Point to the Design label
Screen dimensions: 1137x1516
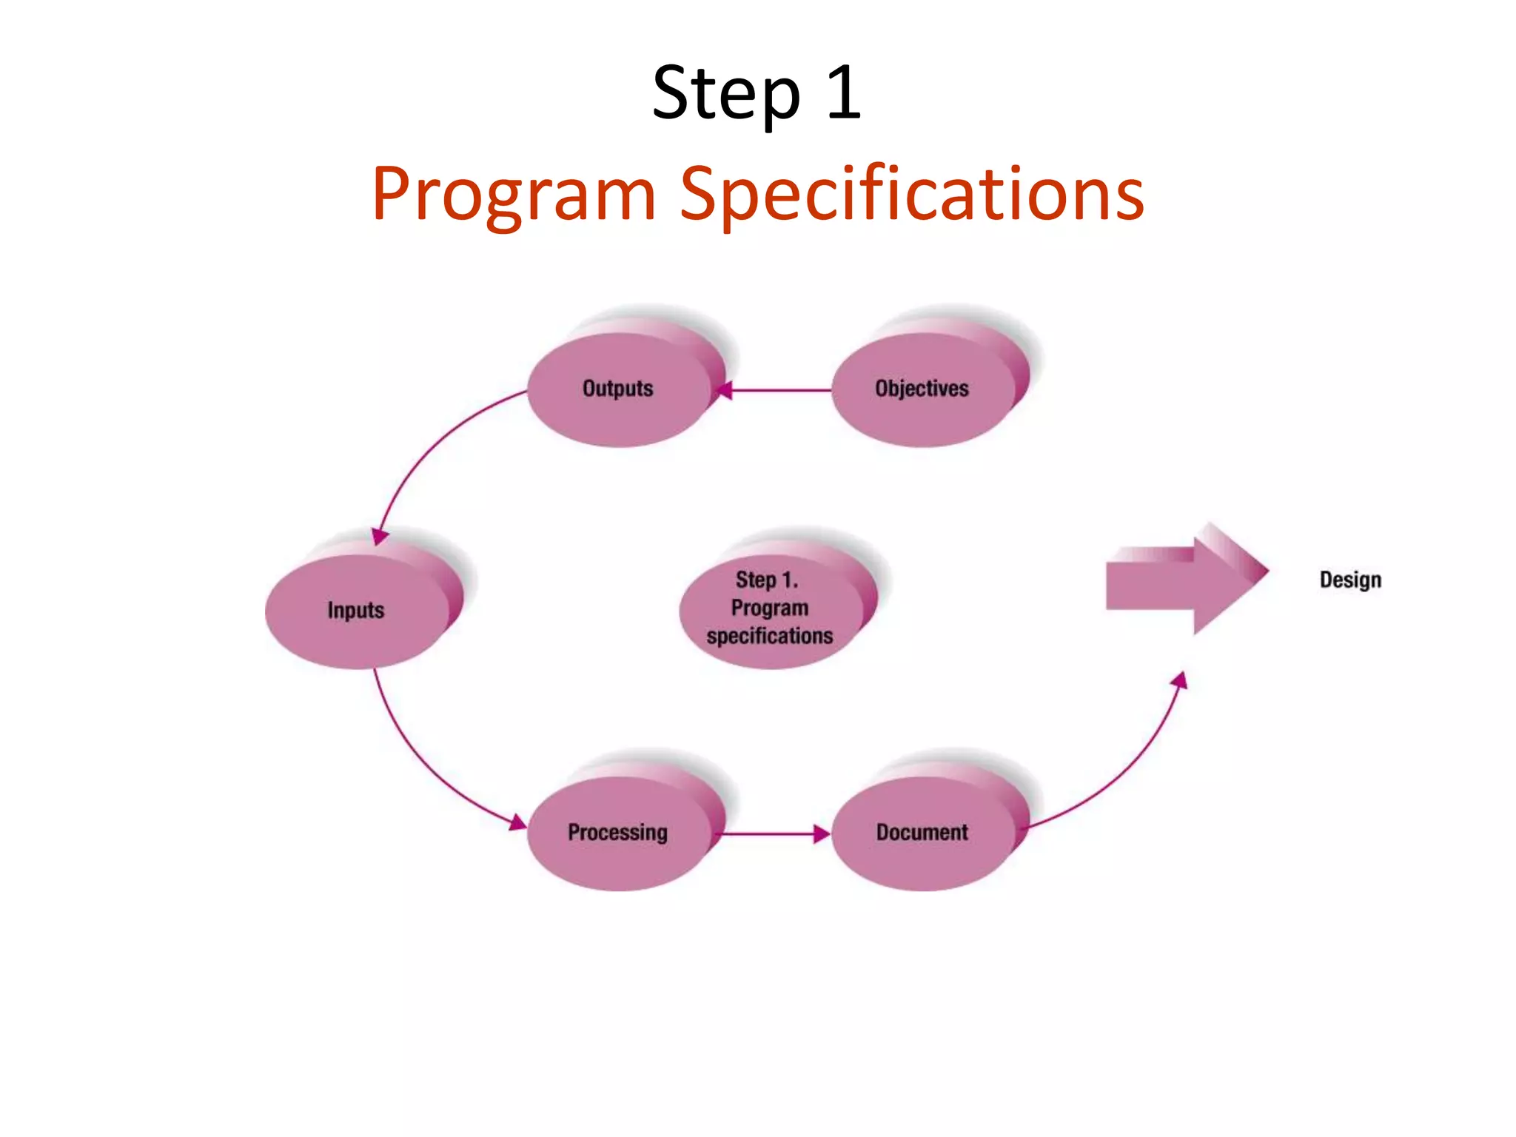coord(1350,580)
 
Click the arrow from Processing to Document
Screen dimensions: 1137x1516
coord(770,834)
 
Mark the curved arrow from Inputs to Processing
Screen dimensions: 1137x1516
coord(422,762)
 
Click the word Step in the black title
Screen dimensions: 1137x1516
coord(725,94)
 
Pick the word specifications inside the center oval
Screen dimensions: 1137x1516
coord(770,637)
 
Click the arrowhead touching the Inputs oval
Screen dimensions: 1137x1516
coord(380,537)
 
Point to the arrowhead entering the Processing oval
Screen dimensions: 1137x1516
coord(517,822)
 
